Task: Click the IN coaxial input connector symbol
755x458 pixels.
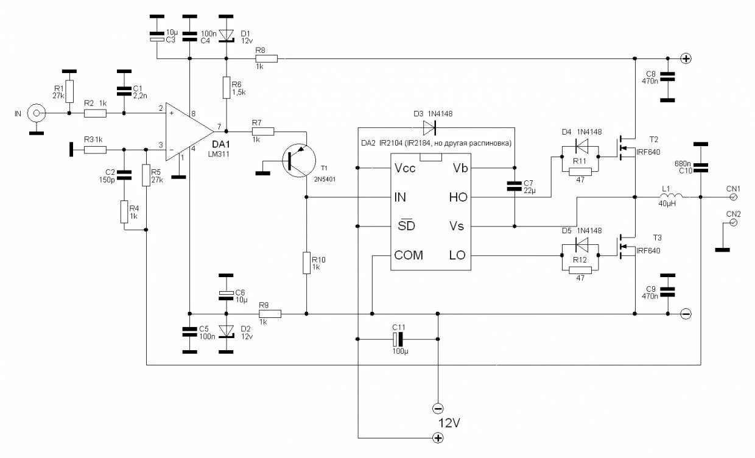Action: click(x=37, y=113)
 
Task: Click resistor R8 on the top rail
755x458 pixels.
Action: click(x=266, y=58)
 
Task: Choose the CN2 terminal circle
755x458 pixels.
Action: click(x=734, y=223)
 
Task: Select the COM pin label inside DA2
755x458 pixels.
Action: click(x=409, y=255)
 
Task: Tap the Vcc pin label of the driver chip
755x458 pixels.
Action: click(x=405, y=168)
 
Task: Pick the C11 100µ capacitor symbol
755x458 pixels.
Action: click(x=398, y=339)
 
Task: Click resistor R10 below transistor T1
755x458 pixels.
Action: click(x=306, y=263)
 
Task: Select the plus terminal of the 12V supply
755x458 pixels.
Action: click(x=437, y=437)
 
